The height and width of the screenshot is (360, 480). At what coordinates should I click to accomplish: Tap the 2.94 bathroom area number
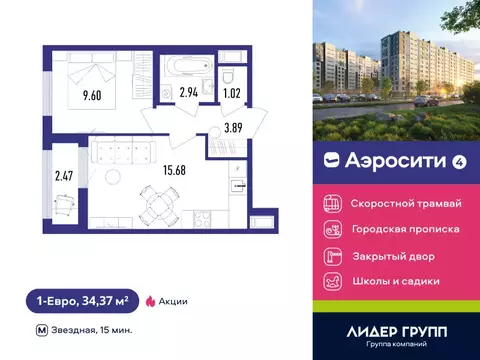pos(187,93)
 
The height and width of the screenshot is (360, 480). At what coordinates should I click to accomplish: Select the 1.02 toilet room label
pos(230,93)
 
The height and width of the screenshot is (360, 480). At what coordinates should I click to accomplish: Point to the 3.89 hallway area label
pos(233,127)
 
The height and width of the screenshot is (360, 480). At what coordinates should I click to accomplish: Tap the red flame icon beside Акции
pos(151,300)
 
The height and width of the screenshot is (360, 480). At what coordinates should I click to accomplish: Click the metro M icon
pos(41,329)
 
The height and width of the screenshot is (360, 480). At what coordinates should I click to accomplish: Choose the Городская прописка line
pos(405,229)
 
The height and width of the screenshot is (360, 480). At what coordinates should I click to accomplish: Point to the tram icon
pos(333,203)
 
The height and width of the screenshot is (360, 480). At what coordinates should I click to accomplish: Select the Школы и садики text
pos(395,281)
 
